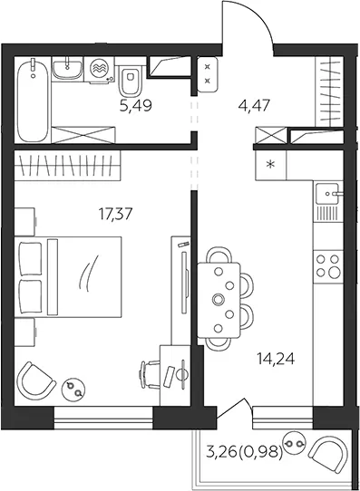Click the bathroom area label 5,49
tap(136, 106)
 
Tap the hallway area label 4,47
tap(254, 105)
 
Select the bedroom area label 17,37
tap(115, 214)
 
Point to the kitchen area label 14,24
tap(276, 359)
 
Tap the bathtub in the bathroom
tap(33, 101)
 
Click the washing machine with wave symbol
tap(99, 71)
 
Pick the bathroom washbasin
tap(67, 69)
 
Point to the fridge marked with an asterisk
tap(270, 164)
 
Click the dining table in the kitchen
tap(219, 300)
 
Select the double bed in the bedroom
tap(68, 277)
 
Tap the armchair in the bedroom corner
tap(35, 380)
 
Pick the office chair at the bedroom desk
tap(149, 374)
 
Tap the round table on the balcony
tap(294, 443)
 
